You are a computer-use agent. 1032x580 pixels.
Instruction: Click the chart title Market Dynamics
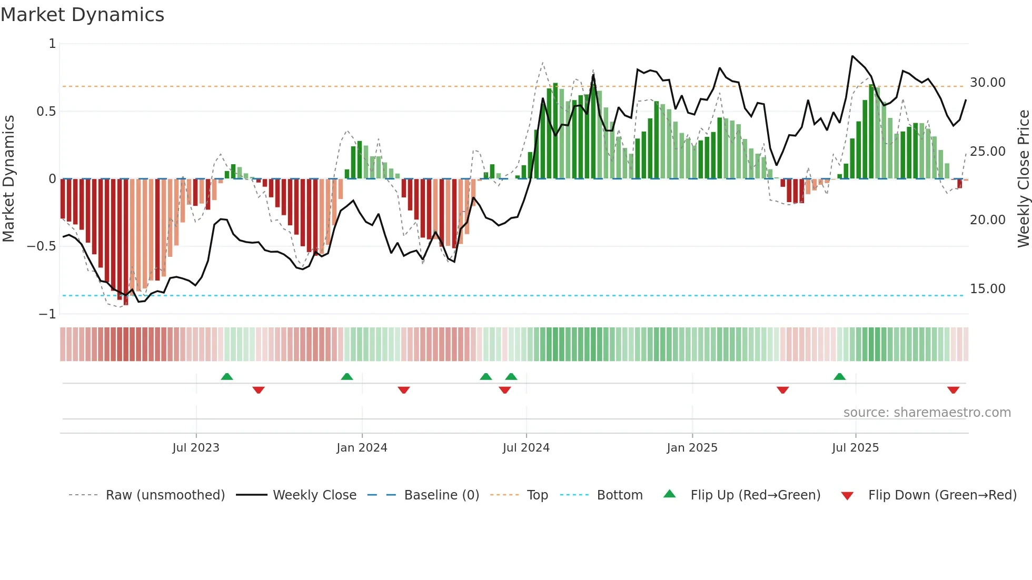(82, 15)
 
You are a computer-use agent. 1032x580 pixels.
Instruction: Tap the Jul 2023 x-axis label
(196, 447)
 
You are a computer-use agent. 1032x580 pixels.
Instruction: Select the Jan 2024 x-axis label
(362, 447)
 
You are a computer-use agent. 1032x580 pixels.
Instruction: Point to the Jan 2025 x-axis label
(692, 447)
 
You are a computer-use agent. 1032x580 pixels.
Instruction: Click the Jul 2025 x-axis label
(855, 447)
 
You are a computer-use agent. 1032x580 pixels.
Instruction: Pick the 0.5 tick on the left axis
(46, 112)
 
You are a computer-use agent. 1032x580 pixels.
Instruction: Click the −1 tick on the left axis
(47, 314)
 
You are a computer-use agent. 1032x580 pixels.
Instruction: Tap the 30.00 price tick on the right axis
(987, 83)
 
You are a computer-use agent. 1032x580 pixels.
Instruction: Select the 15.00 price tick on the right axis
(987, 288)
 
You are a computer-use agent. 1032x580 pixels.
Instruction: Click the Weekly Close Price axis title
(1023, 178)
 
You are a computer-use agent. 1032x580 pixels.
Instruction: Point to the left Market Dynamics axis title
(8, 178)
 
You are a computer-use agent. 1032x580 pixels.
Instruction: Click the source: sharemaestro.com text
(927, 412)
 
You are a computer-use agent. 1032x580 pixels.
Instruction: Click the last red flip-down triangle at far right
(953, 390)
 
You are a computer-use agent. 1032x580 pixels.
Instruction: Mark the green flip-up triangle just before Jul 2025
(839, 376)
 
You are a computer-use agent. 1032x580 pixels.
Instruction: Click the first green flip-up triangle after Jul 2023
(226, 376)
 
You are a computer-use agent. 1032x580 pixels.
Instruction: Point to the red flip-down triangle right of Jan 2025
(782, 390)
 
